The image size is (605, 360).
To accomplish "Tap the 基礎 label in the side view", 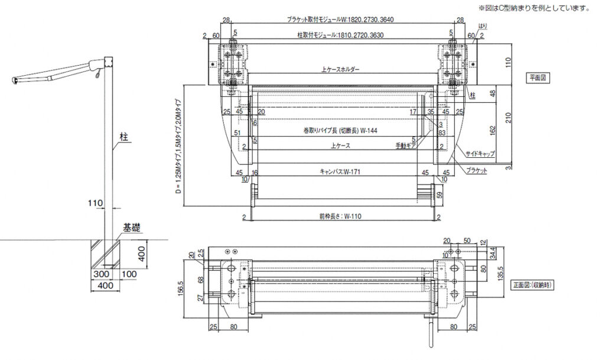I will tap(131, 227).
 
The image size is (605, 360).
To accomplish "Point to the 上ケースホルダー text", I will tap(340, 70).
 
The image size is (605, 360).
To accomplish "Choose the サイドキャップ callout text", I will tap(480, 153).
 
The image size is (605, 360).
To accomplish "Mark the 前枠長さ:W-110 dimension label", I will tap(340, 216).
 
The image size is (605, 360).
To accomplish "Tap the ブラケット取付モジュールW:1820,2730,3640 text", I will tap(340, 20).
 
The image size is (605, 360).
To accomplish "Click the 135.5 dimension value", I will tap(500, 276).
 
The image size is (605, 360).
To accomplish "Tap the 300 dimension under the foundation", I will tap(99, 275).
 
